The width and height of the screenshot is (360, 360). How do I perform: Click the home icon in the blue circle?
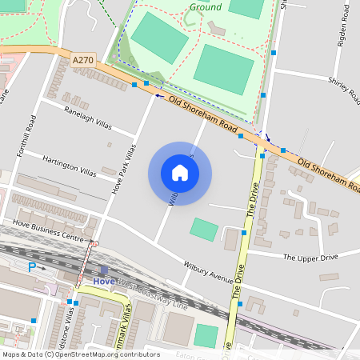click(x=180, y=173)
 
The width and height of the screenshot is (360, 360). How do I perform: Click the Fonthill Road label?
click(x=32, y=134)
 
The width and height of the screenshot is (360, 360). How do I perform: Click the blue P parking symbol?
click(x=32, y=266)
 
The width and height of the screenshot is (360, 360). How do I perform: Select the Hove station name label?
click(x=104, y=282)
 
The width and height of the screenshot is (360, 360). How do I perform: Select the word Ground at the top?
click(x=206, y=7)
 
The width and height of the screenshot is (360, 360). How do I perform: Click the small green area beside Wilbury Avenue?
click(x=203, y=230)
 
